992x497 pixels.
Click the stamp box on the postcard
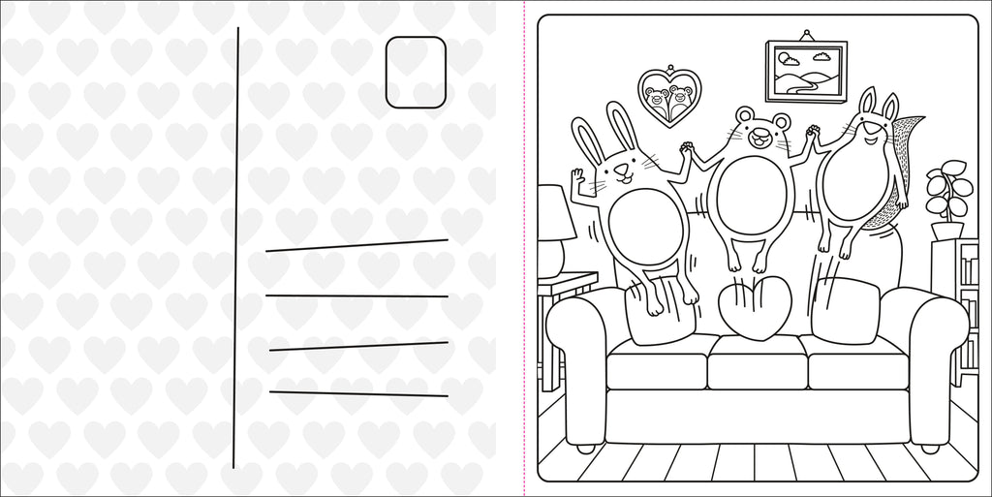416,72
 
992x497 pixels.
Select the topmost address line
356,245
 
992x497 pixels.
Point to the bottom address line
358,393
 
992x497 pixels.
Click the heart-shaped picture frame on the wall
669,96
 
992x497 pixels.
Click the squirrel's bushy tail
901,165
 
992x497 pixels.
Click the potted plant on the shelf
946,199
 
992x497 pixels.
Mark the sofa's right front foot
929,449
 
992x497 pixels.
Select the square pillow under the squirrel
845,310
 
